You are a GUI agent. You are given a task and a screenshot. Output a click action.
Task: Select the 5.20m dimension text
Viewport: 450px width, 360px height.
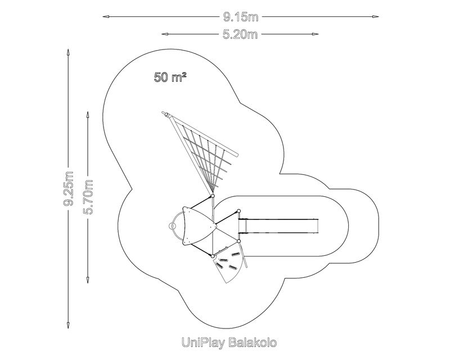pos(240,34)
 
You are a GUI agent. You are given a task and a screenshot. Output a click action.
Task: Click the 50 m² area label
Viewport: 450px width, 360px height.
pos(170,78)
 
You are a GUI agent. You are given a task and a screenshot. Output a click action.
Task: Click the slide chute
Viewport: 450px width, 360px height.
pos(280,226)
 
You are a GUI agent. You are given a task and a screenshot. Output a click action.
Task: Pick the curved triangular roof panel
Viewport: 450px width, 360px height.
pos(195,226)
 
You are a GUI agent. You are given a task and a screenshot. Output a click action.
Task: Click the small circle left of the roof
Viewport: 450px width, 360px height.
pos(170,226)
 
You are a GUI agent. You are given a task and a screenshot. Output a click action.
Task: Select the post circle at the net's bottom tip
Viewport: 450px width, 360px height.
pos(213,196)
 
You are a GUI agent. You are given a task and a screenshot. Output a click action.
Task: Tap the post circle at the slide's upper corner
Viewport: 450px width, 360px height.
pos(238,211)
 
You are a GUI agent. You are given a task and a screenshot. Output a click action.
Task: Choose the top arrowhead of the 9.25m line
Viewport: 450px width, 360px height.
pos(69,52)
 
